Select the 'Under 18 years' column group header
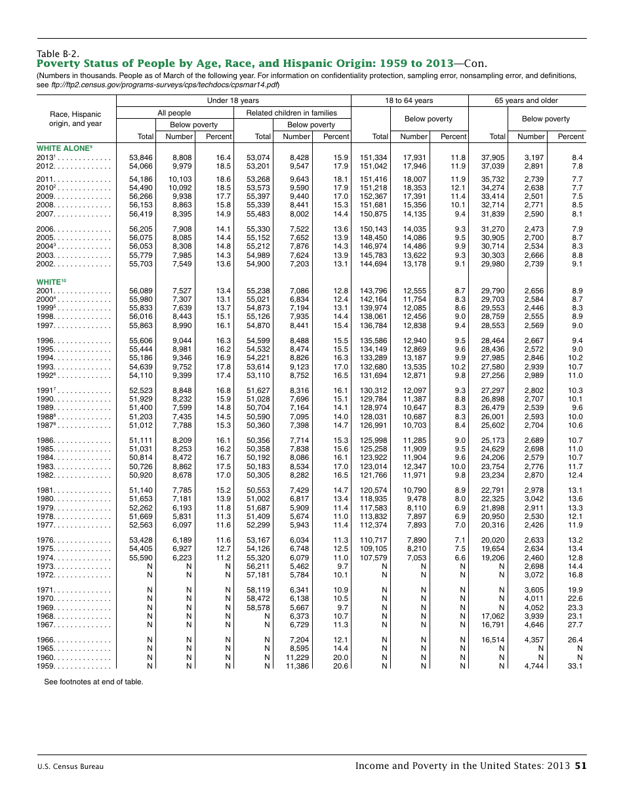[x=233, y=100]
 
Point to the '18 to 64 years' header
[x=409, y=100]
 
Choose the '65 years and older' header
[x=527, y=100]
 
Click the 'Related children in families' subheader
[x=291, y=113]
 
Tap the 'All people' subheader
[x=174, y=113]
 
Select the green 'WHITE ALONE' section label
[x=64, y=148]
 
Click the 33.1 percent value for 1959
[x=574, y=666]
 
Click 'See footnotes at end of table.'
[x=93, y=682]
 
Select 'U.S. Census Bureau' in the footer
[x=70, y=766]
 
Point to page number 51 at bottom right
[x=580, y=766]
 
